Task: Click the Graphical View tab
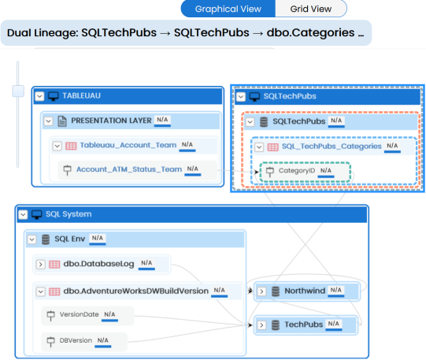pos(228,9)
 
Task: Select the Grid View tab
pos(311,9)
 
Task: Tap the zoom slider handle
pos(18,91)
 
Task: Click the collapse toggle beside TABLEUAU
pos(39,96)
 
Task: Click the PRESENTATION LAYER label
pos(111,121)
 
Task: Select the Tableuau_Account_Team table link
pos(128,146)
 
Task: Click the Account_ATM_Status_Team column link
pos(129,169)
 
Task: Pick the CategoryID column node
pos(305,172)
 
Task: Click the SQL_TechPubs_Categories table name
pos(332,147)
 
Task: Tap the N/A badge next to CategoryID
pos(326,171)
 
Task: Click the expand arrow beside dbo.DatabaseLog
pos(40,265)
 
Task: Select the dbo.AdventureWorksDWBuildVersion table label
pos(136,291)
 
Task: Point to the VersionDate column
pos(79,314)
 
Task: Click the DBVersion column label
pos(76,340)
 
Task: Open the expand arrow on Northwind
pos(261,291)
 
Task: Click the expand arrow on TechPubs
pos(261,325)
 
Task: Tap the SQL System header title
pos(69,214)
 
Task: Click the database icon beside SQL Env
pos(46,239)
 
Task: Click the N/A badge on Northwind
pos(335,290)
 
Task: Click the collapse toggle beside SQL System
pos(23,214)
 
